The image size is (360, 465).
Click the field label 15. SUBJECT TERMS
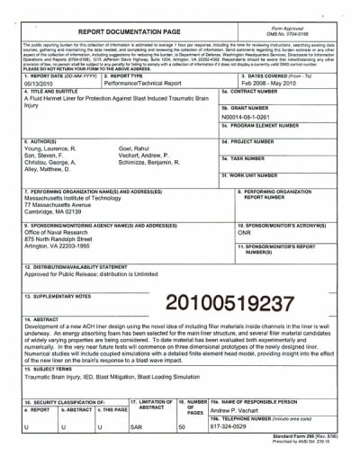pos(51,370)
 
